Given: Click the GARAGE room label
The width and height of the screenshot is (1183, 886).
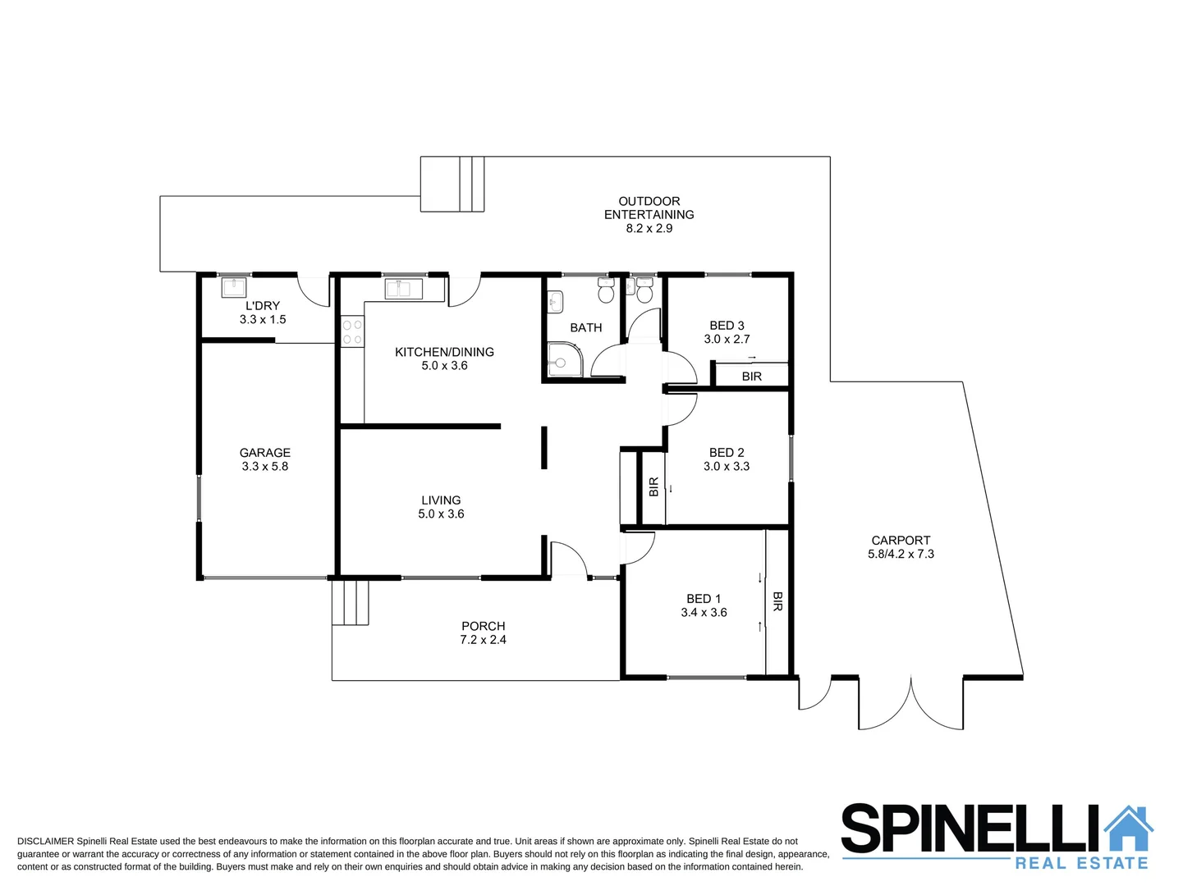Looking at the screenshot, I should click(264, 453).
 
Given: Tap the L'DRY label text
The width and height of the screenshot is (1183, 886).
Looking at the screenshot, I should click(263, 306).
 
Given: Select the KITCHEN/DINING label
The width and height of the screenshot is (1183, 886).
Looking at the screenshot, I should click(444, 352).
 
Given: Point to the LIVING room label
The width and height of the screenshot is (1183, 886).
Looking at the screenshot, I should click(441, 500).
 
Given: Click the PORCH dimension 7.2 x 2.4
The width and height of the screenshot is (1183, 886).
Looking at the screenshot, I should click(483, 640).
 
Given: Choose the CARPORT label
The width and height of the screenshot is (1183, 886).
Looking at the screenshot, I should click(901, 541).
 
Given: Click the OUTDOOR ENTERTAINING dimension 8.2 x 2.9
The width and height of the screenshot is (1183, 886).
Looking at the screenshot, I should click(649, 229).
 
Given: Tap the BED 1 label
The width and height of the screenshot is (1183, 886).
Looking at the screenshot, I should click(704, 599).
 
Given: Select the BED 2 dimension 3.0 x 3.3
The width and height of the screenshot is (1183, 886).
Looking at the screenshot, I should click(726, 466).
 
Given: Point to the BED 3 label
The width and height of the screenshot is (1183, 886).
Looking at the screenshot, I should click(727, 326).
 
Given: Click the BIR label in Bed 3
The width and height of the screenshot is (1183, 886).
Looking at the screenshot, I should click(751, 377).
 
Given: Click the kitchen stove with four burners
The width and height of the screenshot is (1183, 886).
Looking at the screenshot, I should click(352, 332).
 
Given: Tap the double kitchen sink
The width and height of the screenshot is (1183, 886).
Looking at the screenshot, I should click(403, 289).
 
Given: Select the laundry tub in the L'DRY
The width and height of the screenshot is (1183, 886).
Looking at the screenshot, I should click(234, 288).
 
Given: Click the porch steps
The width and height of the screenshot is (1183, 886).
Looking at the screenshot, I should click(351, 603).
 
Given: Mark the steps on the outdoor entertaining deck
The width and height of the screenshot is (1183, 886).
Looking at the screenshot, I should click(453, 185).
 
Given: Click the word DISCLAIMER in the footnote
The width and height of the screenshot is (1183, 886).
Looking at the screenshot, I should click(45, 842).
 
